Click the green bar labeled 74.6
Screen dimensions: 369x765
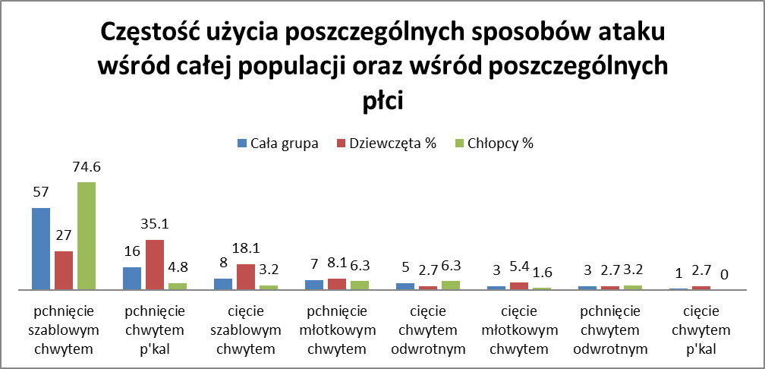pyautogui.click(x=87, y=236)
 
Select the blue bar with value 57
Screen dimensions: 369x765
pyautogui.click(x=41, y=249)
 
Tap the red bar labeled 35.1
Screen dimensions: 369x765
pyautogui.click(x=155, y=265)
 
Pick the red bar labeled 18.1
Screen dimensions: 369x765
pyautogui.click(x=246, y=277)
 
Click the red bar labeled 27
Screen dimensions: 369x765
pyautogui.click(x=64, y=271)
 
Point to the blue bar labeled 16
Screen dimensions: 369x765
pyautogui.click(x=132, y=279)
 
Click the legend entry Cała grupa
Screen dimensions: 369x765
pyautogui.click(x=277, y=143)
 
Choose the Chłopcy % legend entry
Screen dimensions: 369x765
pyautogui.click(x=493, y=143)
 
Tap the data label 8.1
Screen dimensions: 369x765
pyautogui.click(x=337, y=266)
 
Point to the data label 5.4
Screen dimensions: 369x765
pyautogui.click(x=519, y=270)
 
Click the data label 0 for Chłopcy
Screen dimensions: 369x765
pyautogui.click(x=725, y=274)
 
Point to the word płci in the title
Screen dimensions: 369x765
pyautogui.click(x=382, y=100)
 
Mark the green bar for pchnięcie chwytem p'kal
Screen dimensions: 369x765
pyautogui.click(x=178, y=286)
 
